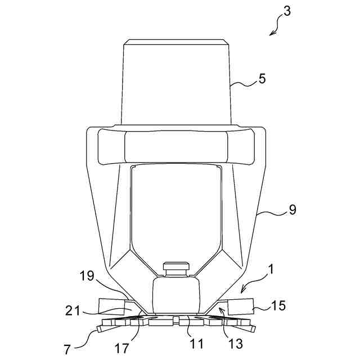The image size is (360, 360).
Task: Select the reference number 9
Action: pos(292,210)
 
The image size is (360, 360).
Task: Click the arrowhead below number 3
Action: pos(271,34)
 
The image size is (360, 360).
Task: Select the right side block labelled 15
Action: pos(239,306)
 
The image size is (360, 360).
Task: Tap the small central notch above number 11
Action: pos(176,320)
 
